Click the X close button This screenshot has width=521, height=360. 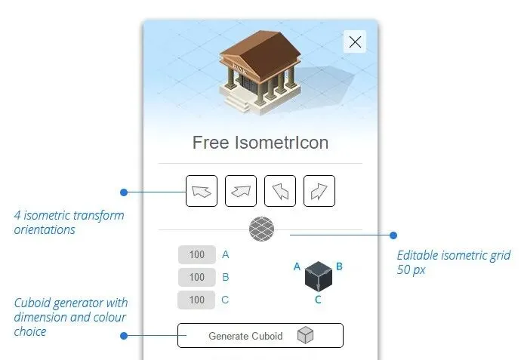point(355,42)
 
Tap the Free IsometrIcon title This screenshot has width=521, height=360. point(260,142)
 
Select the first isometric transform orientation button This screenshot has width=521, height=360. point(202,191)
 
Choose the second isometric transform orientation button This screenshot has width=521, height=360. point(240,191)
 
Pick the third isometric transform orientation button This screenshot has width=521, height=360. point(280,191)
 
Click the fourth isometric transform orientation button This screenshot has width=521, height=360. point(319,191)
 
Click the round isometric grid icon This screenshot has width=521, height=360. point(261,228)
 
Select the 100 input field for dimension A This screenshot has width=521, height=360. point(197,255)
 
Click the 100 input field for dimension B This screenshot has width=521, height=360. point(197,277)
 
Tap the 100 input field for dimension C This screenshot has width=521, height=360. point(197,300)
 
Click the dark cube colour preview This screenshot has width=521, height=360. point(318,277)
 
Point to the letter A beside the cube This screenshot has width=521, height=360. point(297,266)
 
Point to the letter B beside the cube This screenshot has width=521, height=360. point(340,266)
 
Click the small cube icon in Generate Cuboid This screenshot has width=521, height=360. point(305,336)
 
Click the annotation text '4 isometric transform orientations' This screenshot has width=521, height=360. point(69,222)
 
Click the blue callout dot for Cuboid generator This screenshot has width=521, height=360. point(123,335)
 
